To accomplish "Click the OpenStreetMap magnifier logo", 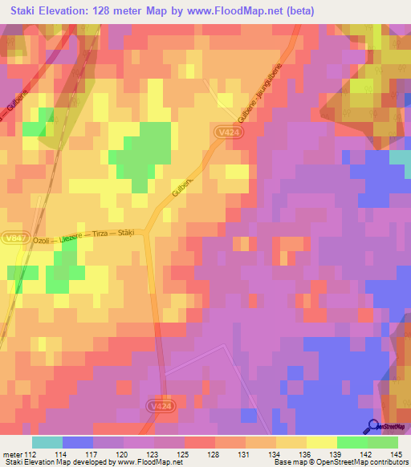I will (373, 426).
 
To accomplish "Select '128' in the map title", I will (110, 11).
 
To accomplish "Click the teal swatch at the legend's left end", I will (47, 442).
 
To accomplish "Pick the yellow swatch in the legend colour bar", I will (321, 442).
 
